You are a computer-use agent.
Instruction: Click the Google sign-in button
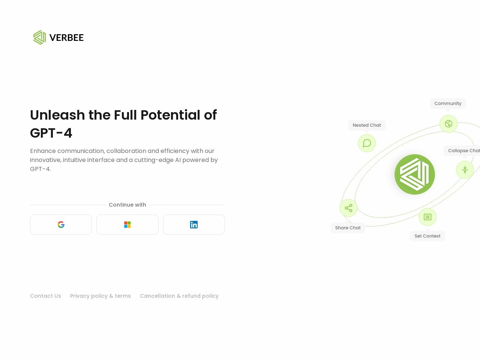[x=61, y=225]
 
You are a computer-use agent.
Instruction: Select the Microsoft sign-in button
[x=127, y=225]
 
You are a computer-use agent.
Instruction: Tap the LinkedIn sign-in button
[x=194, y=225]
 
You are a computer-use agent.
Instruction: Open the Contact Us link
[x=45, y=296]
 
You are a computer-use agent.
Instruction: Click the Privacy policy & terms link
[x=100, y=296]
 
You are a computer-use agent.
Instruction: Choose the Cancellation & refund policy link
[x=179, y=296]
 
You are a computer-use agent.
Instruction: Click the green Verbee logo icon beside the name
[x=40, y=37]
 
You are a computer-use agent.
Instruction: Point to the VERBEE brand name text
[x=66, y=37]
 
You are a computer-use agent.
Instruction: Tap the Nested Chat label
[x=367, y=125]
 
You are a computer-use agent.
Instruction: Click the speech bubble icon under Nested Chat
[x=367, y=143]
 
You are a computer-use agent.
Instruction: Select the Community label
[x=448, y=103]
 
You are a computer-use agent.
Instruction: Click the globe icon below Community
[x=448, y=124]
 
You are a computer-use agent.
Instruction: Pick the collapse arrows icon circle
[x=465, y=170]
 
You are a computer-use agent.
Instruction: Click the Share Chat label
[x=348, y=228]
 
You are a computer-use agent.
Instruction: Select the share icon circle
[x=348, y=208]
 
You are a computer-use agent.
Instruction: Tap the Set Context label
[x=427, y=236]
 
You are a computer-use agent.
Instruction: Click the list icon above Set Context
[x=427, y=217]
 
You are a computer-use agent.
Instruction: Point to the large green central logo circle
[x=415, y=174]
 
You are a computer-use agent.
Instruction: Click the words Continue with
[x=127, y=205]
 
